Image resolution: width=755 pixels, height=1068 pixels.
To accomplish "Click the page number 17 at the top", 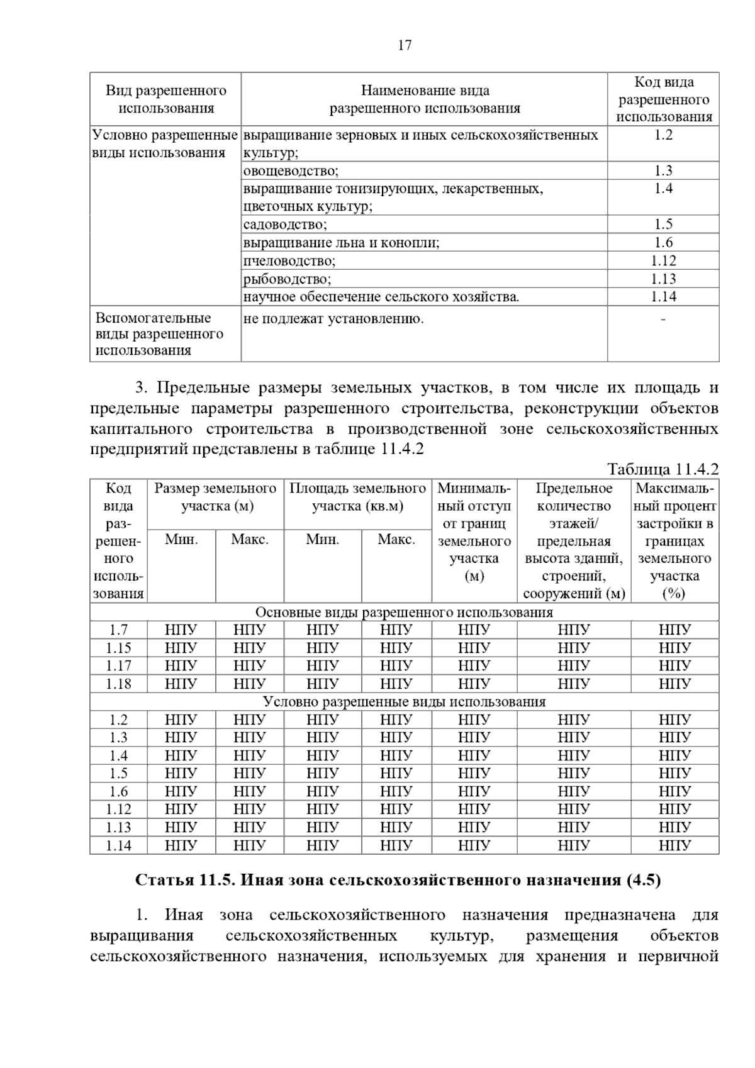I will pos(405,45).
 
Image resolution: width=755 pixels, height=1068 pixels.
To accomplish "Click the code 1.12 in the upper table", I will pos(663,260).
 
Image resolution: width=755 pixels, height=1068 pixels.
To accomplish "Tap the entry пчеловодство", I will pos(289,260).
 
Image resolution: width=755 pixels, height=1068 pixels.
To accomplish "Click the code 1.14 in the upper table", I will pos(663,297).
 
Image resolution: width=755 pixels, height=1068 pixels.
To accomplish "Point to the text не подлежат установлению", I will pos(333,319).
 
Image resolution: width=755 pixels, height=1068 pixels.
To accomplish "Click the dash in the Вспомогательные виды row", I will pos(663,320).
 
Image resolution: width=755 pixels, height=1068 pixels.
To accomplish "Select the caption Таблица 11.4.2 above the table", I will pos(663,469).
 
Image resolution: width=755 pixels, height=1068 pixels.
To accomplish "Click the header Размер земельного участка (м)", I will pos(215,497).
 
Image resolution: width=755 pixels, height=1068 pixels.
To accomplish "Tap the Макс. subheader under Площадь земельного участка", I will pos(396,539).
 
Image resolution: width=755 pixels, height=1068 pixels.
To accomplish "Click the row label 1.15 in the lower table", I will pos(118,648).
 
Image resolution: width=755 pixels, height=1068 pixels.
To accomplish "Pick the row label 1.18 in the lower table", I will pos(118,684).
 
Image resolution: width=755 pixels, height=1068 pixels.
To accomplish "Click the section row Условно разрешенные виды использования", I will pos(404,701).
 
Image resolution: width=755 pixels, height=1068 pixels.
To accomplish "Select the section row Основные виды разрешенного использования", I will pos(404,612).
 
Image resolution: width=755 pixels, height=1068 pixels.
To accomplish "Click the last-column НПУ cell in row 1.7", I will pos(674,630).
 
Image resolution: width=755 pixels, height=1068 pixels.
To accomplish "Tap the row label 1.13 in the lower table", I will pos(118,827).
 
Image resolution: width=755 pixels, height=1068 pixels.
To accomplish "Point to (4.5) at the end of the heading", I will pos(644,880).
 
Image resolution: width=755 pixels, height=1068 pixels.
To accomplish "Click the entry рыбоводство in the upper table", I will pos(287,279).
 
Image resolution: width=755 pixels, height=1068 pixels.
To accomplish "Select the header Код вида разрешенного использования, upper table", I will pos(663,99).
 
